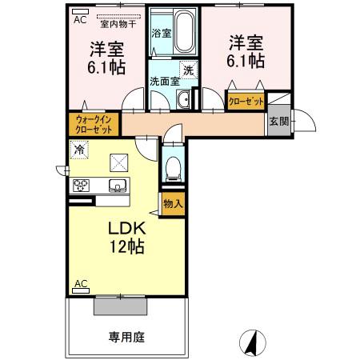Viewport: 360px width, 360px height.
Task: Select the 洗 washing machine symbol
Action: (x=187, y=70)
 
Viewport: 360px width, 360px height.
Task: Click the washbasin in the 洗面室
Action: (x=183, y=99)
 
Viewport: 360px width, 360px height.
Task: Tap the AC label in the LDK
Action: (x=81, y=284)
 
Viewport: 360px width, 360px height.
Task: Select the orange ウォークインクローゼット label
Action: (x=93, y=124)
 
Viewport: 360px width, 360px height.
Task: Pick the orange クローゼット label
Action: (x=244, y=102)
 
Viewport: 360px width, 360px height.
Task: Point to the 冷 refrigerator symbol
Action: (x=79, y=150)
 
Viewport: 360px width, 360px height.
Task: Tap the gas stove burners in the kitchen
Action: (x=82, y=186)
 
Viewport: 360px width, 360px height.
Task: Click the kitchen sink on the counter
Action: (x=117, y=186)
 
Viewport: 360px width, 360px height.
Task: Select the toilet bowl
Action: (x=173, y=167)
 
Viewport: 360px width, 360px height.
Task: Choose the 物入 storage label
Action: (x=173, y=203)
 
